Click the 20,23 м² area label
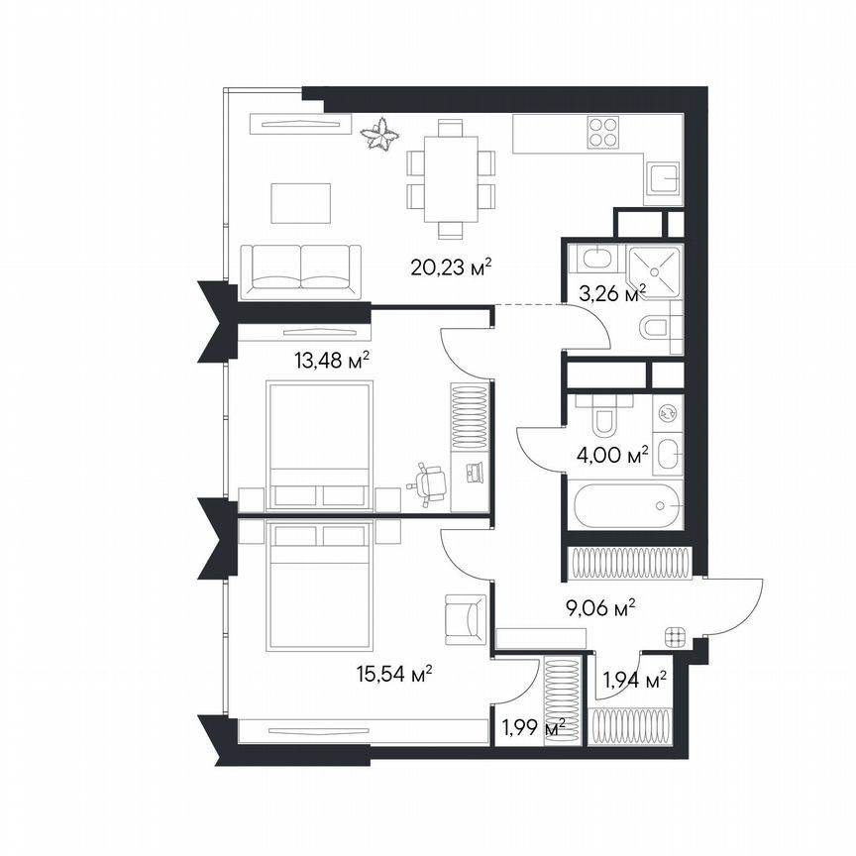point(452,267)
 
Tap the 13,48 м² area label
point(332,360)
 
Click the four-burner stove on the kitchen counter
point(604,133)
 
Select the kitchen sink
point(663,179)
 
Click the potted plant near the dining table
point(379,134)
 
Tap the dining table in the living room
point(451,179)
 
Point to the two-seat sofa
point(301,267)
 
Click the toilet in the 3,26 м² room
point(659,328)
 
